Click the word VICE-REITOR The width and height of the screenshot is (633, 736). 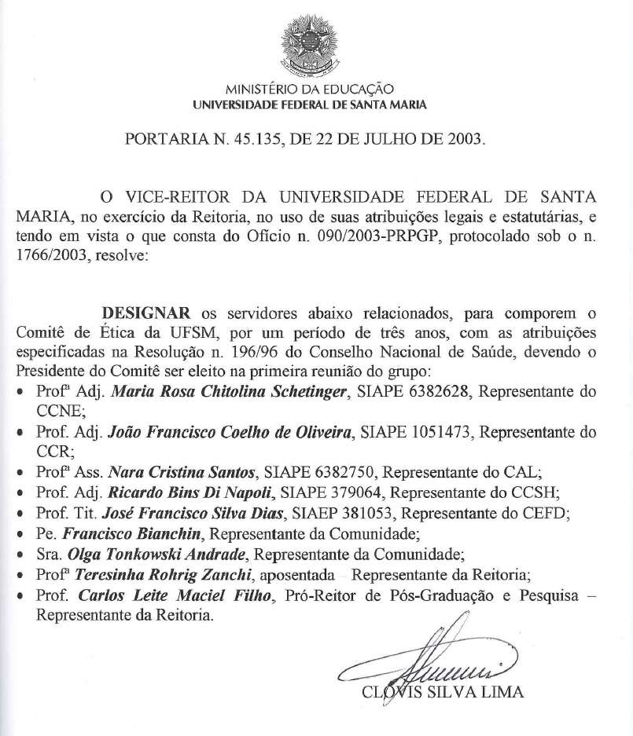pos(186,196)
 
